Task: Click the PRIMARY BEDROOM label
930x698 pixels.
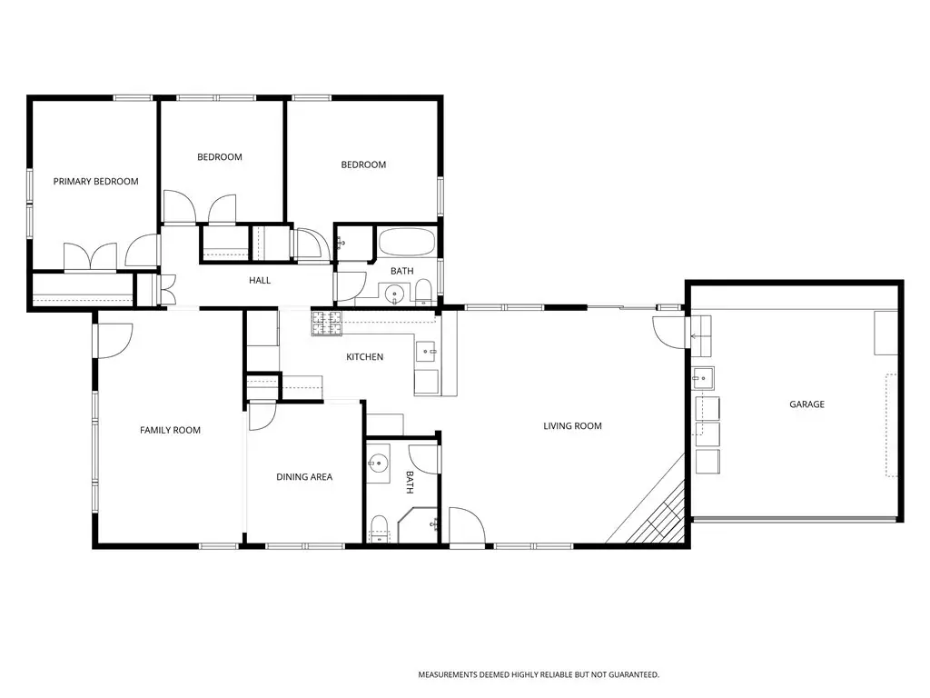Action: (x=95, y=182)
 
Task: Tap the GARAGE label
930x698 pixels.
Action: (x=806, y=404)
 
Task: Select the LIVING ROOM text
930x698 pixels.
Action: (x=572, y=425)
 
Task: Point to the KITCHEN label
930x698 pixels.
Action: (x=365, y=356)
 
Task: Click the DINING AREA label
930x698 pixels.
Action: (x=304, y=476)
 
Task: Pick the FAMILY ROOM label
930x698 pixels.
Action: (x=170, y=430)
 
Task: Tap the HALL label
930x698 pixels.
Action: (x=260, y=280)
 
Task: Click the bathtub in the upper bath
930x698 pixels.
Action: (x=407, y=243)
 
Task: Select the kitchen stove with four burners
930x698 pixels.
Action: (x=327, y=324)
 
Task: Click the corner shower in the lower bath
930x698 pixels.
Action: (x=418, y=525)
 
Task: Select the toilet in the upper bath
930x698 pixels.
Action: (x=423, y=292)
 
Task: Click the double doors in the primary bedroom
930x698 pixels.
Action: (x=90, y=257)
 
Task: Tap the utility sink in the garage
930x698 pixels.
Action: (x=704, y=377)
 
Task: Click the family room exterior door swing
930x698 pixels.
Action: (x=114, y=341)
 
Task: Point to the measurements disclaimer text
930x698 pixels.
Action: (x=539, y=675)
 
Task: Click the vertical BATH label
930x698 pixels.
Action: (x=410, y=483)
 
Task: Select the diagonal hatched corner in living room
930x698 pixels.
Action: (x=652, y=507)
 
